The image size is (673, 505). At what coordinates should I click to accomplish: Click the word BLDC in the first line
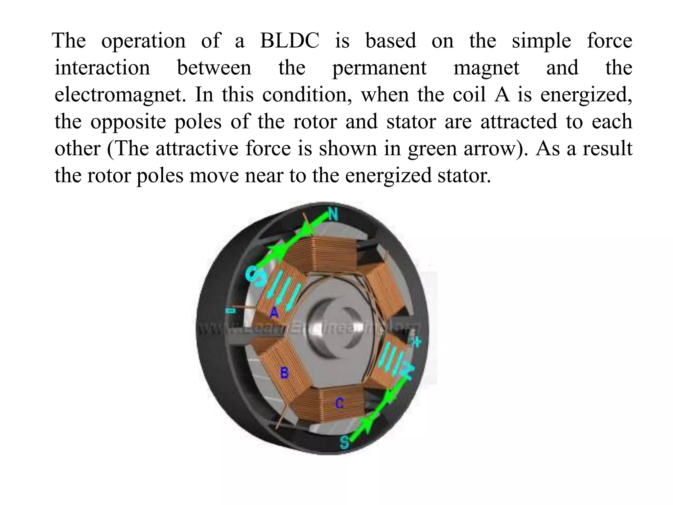(x=289, y=41)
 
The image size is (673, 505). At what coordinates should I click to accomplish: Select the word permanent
(x=379, y=68)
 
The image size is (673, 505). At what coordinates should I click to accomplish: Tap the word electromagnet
(x=118, y=95)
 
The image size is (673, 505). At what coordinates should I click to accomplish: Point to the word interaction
(x=102, y=68)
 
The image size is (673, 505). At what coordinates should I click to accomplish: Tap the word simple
(x=541, y=41)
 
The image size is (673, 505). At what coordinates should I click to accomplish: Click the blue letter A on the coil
(x=274, y=312)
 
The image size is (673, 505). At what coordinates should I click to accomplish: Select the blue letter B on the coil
(x=284, y=373)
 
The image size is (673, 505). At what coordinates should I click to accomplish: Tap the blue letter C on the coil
(x=339, y=403)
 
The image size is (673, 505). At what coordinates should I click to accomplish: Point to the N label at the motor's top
(x=333, y=215)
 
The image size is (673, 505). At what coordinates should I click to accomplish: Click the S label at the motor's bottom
(x=344, y=442)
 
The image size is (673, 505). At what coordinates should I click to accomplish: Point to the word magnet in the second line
(x=486, y=68)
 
